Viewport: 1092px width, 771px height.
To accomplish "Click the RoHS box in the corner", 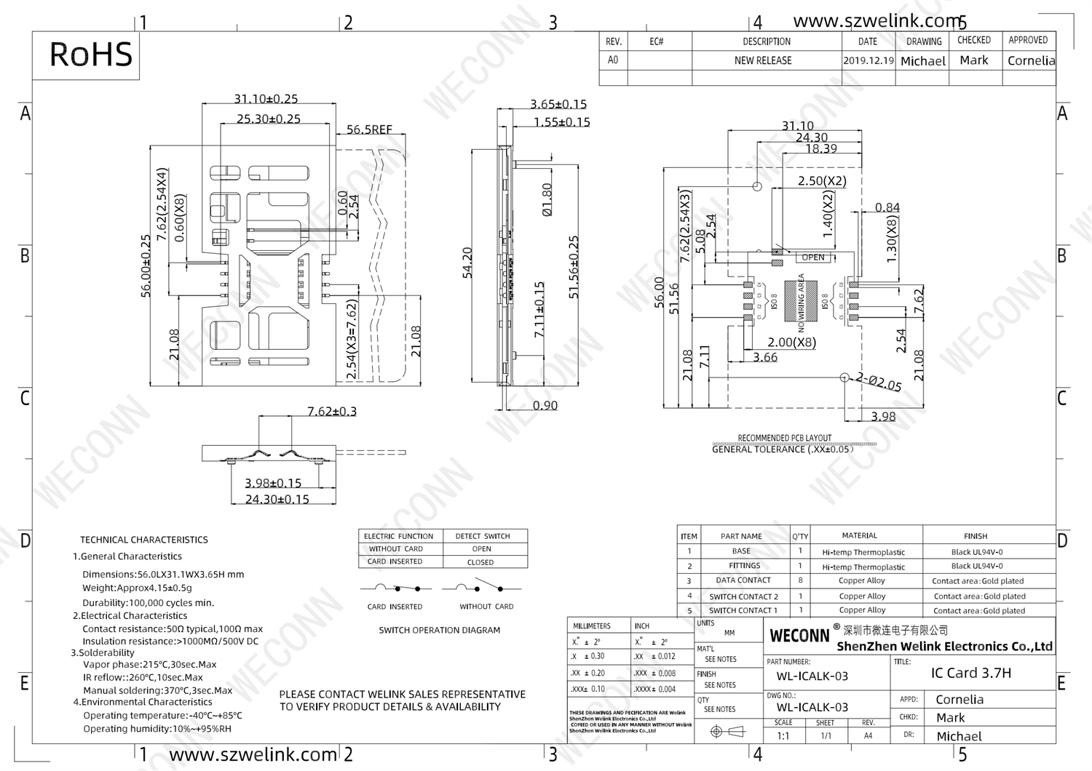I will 86,55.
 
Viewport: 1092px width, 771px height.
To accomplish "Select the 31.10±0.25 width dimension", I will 266,98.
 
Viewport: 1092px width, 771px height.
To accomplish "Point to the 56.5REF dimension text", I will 369,129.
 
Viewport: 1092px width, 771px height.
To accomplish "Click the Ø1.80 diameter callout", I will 547,199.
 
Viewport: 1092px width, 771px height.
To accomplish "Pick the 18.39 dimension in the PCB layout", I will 820,148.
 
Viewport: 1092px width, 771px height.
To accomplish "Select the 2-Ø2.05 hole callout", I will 879,382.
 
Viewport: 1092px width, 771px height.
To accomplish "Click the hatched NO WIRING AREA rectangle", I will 800,300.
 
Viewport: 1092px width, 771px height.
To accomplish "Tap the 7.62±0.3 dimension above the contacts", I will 332,411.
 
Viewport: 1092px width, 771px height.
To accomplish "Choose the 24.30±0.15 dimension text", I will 277,499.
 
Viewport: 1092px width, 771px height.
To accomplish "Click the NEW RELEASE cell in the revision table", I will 763,60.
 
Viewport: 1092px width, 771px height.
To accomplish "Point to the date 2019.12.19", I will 868,60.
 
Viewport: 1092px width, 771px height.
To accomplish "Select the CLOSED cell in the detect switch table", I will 480,562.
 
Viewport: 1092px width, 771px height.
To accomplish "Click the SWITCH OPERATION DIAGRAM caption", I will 439,630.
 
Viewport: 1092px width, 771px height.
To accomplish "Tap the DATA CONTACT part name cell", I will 743,580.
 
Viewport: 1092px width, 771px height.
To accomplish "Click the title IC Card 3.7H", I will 970,673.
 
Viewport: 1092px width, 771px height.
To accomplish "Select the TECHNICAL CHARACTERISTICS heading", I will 144,540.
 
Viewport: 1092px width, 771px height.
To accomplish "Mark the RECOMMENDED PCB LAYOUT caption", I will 784,438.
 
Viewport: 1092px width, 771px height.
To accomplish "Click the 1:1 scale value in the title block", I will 783,735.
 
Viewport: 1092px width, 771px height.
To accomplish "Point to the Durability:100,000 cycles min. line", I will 149,602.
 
